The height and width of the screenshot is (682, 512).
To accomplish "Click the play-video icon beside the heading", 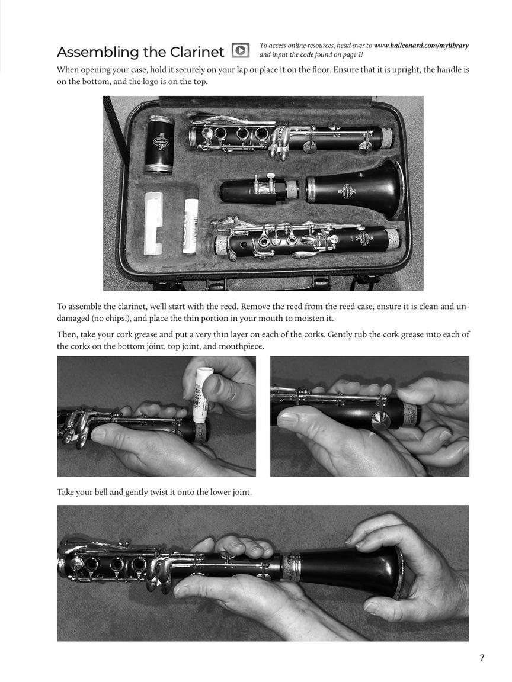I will [240, 50].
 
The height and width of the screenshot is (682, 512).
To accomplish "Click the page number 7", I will [482, 658].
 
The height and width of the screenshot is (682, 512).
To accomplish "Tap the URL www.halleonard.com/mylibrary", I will [421, 46].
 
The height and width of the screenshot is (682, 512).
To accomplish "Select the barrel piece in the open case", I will [159, 144].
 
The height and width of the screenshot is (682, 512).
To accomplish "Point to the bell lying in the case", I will [356, 189].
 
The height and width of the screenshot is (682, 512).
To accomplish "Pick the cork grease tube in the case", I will [191, 226].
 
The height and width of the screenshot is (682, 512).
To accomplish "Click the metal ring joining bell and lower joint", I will [291, 567].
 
